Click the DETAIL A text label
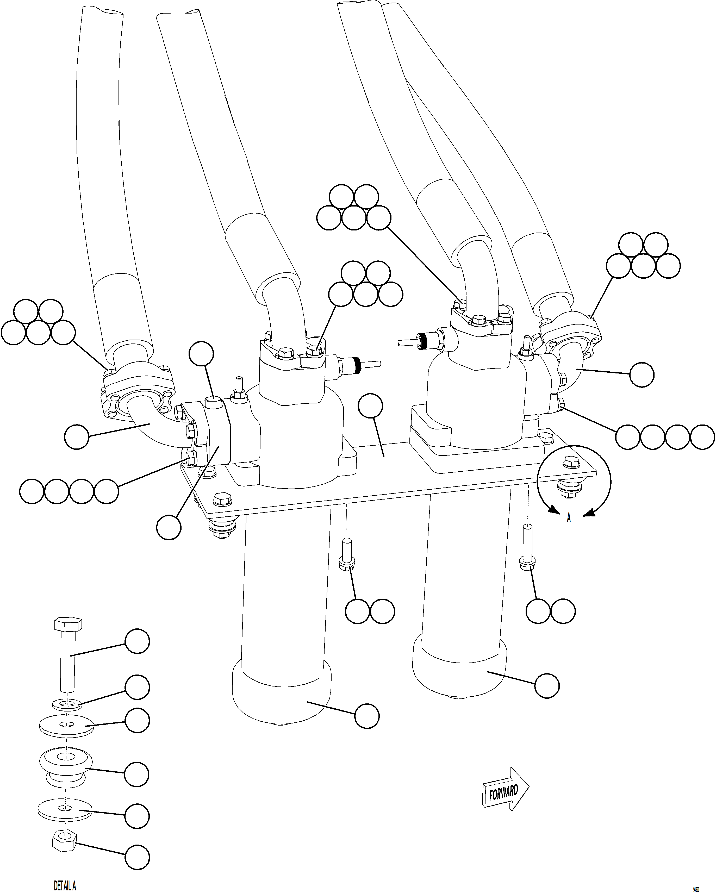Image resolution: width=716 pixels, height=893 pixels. pyautogui.click(x=65, y=885)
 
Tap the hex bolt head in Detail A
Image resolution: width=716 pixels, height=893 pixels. pyautogui.click(x=68, y=624)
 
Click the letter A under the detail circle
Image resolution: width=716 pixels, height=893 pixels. pyautogui.click(x=569, y=518)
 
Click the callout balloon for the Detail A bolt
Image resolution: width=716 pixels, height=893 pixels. pyautogui.click(x=137, y=641)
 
